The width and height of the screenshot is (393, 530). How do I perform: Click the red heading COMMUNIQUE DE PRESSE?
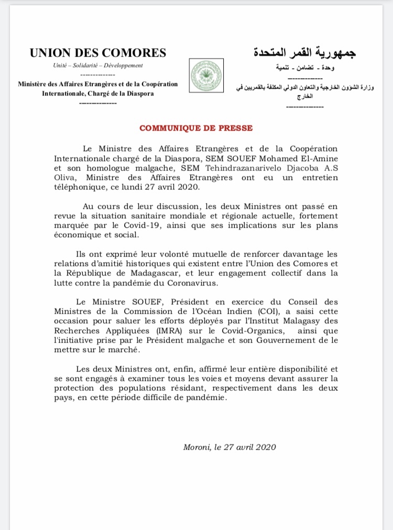coord(196,128)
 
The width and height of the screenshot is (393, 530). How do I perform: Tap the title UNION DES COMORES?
coord(98,52)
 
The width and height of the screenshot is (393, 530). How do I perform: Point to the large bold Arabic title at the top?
coord(304,53)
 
